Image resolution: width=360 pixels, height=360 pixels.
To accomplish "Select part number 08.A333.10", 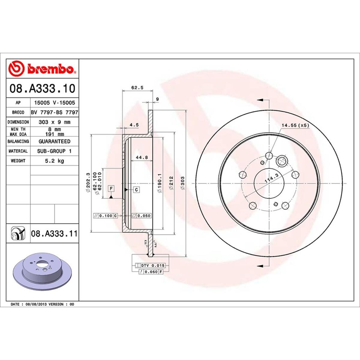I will (42, 89).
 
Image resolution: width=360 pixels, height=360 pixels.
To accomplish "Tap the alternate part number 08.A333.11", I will (54, 233).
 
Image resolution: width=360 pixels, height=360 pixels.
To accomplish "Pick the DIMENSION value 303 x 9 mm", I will (54, 122).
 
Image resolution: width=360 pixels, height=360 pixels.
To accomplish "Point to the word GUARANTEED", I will (54, 141).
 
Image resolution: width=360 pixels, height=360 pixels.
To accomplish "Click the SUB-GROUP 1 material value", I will (54, 151).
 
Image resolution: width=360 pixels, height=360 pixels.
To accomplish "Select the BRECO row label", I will (18, 112).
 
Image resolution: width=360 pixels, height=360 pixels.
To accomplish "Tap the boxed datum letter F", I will (111, 188).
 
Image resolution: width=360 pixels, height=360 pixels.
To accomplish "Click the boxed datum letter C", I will (136, 190).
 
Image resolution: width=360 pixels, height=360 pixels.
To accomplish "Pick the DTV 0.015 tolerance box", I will (153, 265).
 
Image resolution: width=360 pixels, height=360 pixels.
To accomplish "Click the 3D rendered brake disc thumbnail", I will (42, 271).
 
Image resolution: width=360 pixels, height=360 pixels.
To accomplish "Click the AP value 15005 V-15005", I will (54, 103).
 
